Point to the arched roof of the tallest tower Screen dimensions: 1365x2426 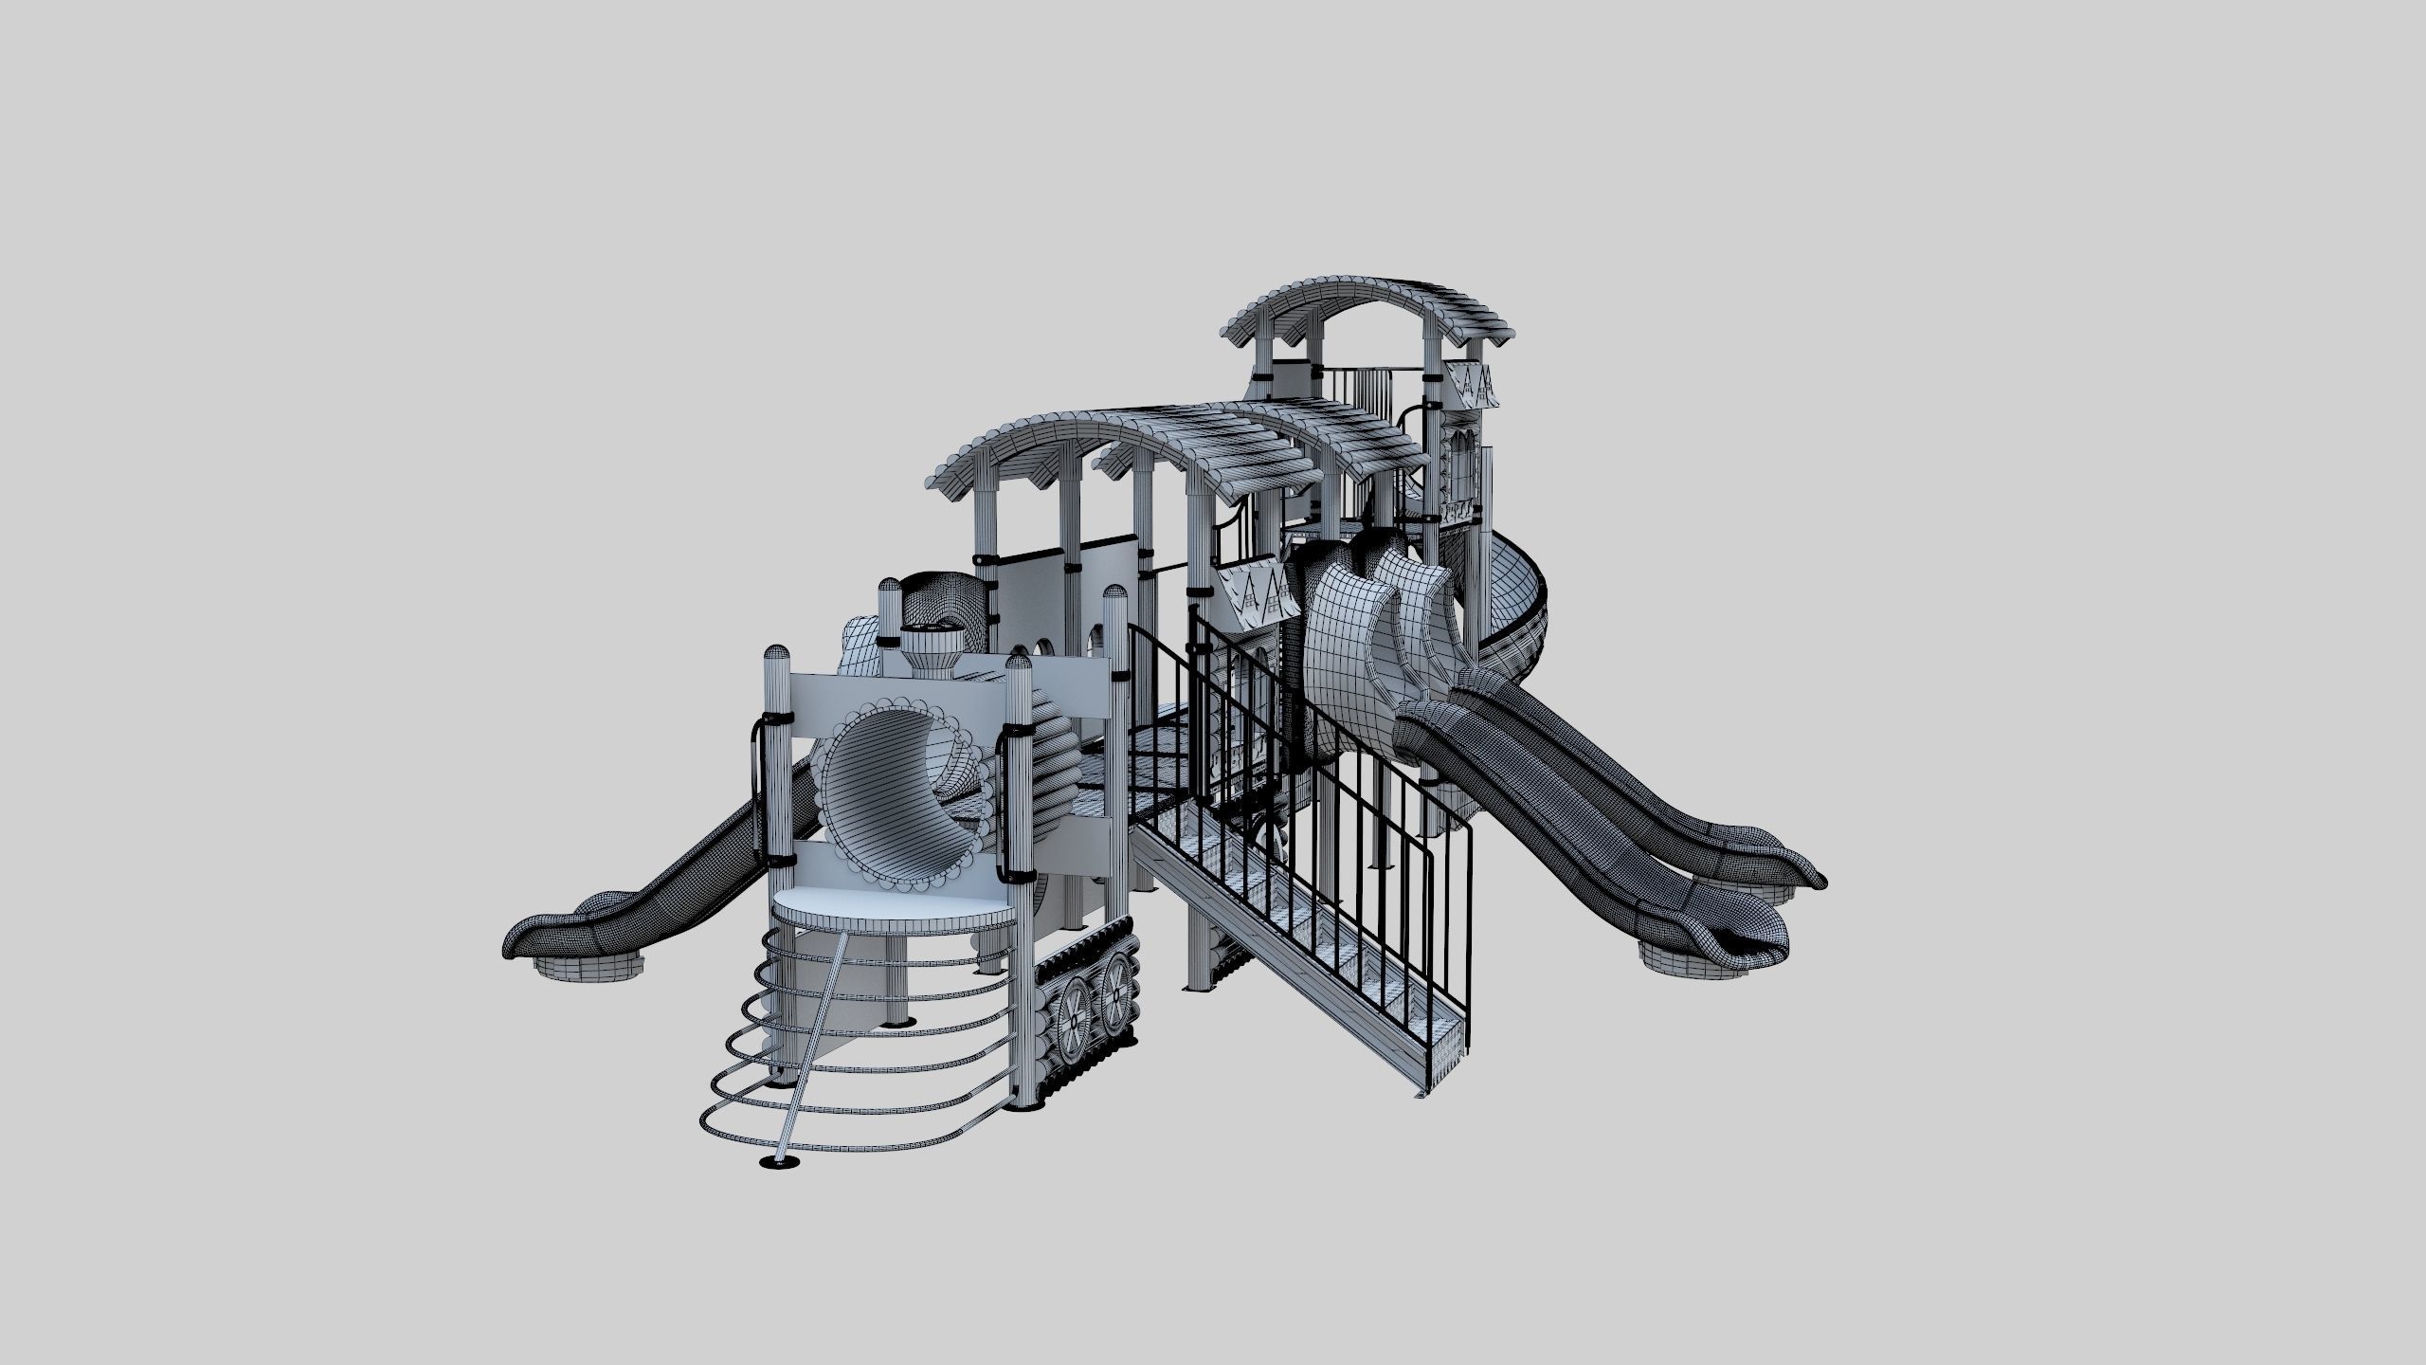(x=1365, y=303)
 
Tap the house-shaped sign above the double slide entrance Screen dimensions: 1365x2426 (x=1251, y=592)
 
